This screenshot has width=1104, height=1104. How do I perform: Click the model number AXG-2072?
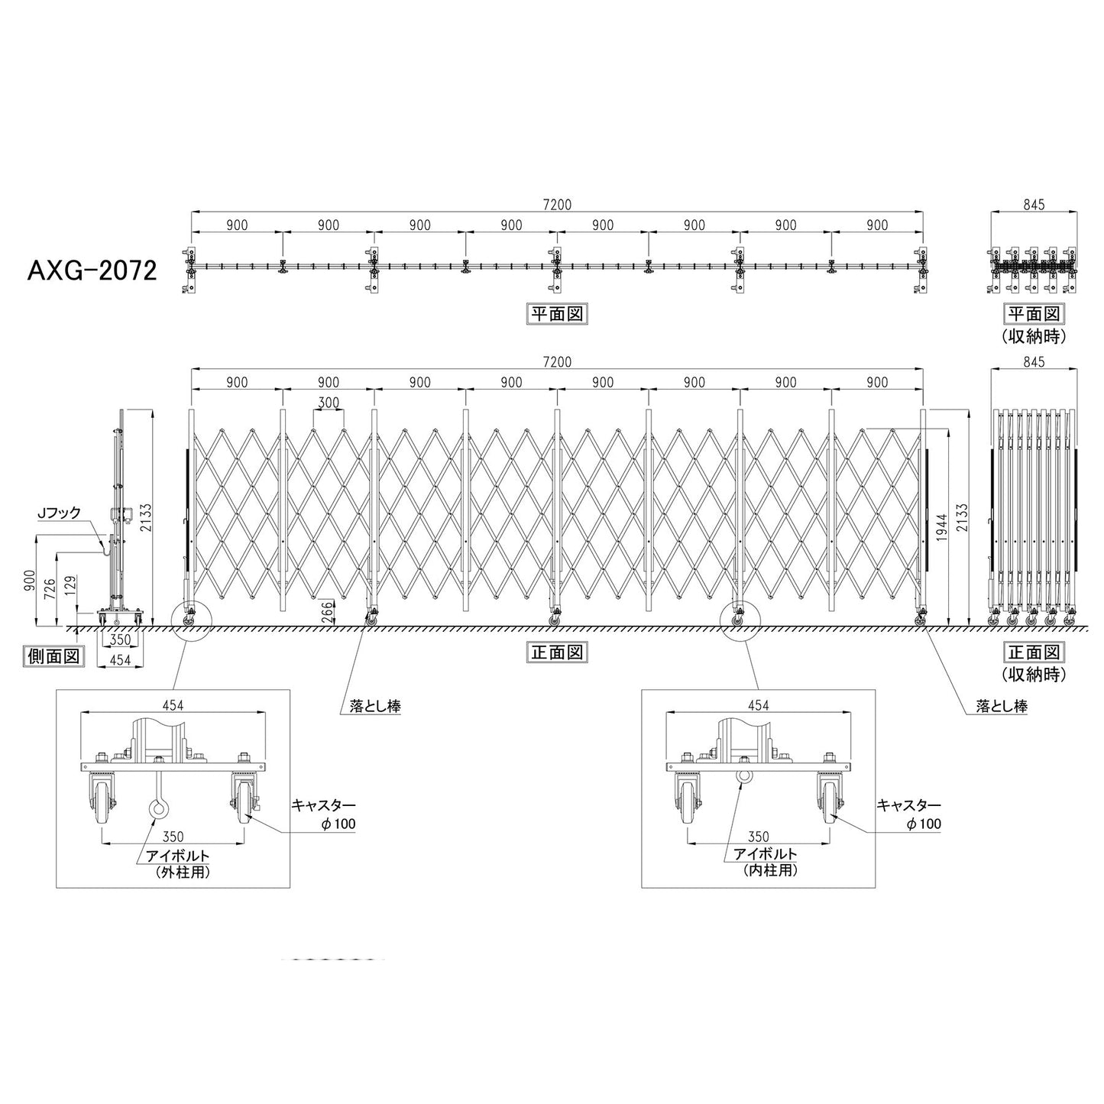pos(92,270)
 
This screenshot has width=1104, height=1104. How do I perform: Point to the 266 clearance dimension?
pos(327,612)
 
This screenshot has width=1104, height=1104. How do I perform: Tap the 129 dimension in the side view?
pos(70,586)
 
